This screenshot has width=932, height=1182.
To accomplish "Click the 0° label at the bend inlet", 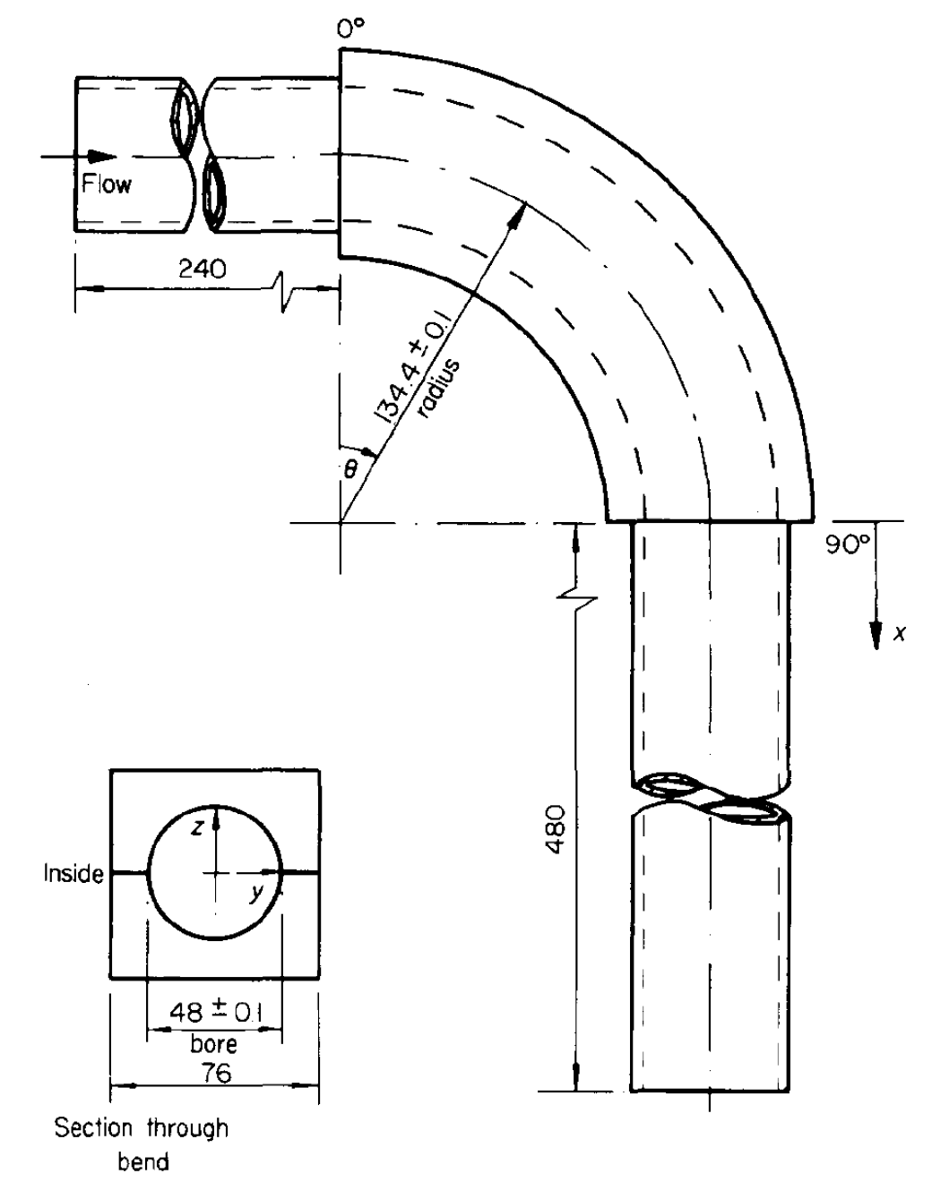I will (x=352, y=30).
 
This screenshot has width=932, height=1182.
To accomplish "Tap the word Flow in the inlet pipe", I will (x=107, y=184).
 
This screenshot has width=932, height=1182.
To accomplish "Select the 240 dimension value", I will (x=202, y=269).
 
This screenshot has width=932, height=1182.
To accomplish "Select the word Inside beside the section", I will (x=73, y=874).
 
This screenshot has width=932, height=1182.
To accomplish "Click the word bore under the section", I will (x=214, y=1042).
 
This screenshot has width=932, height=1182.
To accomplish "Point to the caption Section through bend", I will (x=142, y=1143).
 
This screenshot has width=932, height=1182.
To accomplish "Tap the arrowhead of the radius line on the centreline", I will (x=520, y=210).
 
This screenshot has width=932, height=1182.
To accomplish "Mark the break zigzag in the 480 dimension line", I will (x=575, y=596).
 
